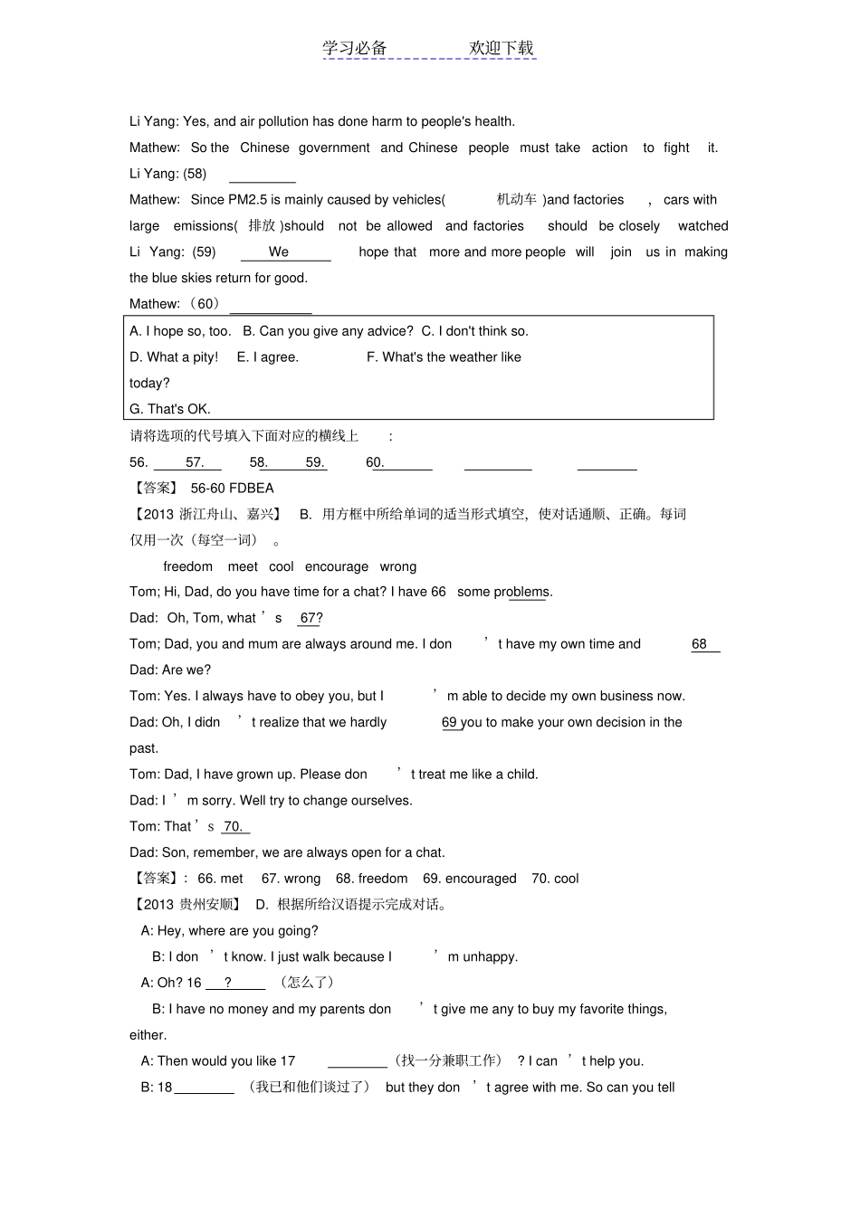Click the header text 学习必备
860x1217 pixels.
pos(355,48)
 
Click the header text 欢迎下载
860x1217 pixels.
pos(502,48)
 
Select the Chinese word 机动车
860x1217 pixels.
pos(516,200)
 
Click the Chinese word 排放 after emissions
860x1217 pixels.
pos(262,226)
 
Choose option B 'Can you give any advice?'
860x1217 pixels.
pos(328,331)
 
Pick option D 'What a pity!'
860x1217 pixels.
pos(174,357)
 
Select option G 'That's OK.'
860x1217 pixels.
pos(170,409)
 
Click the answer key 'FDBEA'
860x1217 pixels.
pos(253,489)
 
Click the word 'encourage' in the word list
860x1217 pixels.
pos(337,566)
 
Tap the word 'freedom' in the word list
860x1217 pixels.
pos(187,566)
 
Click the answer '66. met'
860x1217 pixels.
pos(220,879)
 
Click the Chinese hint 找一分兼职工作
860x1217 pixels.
pos(448,1060)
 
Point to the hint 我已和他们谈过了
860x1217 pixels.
pos(309,1087)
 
